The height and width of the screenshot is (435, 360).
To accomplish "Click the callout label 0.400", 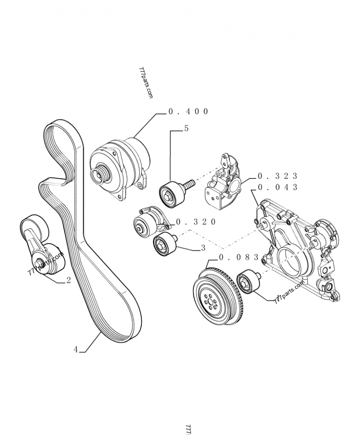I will coord(188,112).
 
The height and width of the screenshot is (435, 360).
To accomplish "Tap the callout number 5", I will coord(186,129).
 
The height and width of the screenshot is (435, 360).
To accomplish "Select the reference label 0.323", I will coord(278,176).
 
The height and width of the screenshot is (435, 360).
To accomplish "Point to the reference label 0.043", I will coord(278,187).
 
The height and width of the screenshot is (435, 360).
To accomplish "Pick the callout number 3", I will coord(203,247).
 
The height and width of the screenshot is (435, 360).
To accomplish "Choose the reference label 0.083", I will coord(238,258).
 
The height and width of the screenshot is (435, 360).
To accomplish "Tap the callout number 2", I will coord(68,280).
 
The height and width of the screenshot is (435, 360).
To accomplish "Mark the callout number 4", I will coord(76,349).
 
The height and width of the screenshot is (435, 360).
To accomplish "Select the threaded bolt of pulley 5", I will coord(189,184).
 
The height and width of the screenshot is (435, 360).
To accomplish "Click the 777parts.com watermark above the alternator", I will coord(145,84).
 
